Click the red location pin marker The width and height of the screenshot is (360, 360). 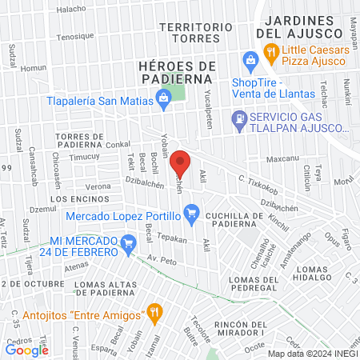click(181, 162)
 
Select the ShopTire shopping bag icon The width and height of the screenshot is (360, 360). click(250, 58)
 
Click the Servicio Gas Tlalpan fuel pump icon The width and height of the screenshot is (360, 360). click(238, 118)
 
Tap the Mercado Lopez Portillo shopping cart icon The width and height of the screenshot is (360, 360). click(190, 213)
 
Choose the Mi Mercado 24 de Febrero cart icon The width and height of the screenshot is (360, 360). click(127, 241)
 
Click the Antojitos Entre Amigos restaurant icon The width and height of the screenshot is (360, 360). click(157, 310)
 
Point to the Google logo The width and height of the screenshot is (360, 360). click(26, 349)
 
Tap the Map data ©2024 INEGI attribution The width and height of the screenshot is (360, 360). click(311, 353)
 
